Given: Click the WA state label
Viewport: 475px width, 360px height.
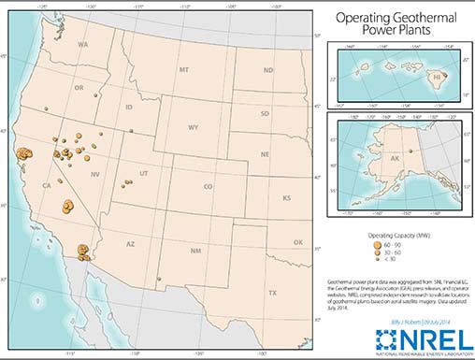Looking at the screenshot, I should (x=82, y=45).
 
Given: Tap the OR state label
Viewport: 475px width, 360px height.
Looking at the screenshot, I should (x=79, y=89).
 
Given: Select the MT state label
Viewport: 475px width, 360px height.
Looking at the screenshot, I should (x=183, y=69).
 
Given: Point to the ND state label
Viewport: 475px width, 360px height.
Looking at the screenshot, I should (x=267, y=71).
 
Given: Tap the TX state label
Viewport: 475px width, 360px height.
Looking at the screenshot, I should (x=273, y=292).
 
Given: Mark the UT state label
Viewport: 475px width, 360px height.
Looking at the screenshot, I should (x=143, y=174).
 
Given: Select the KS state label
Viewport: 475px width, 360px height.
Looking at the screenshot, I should (x=287, y=198).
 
